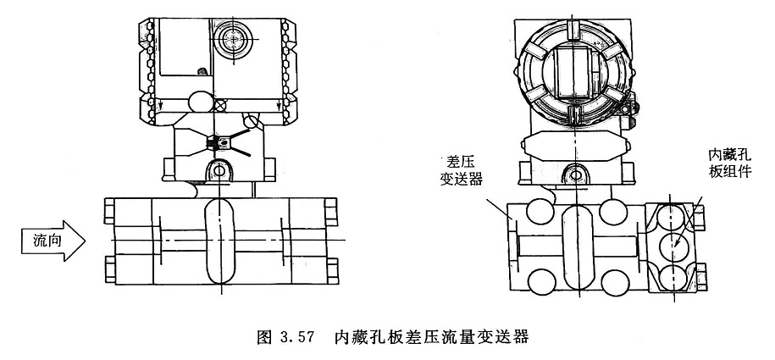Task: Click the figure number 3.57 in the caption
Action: [299, 336]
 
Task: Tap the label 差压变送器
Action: [460, 172]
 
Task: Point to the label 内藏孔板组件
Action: [726, 163]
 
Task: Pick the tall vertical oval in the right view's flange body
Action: [576, 244]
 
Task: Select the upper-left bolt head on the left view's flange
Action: [108, 206]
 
